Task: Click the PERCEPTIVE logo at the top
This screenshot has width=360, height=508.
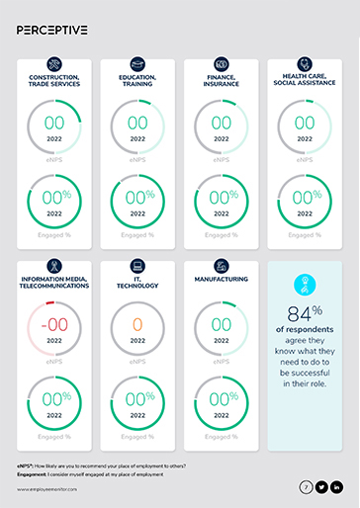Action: coord(51,30)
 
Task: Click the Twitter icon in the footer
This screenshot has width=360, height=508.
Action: coord(321,487)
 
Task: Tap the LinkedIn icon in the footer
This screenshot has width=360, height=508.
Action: coord(337,487)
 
